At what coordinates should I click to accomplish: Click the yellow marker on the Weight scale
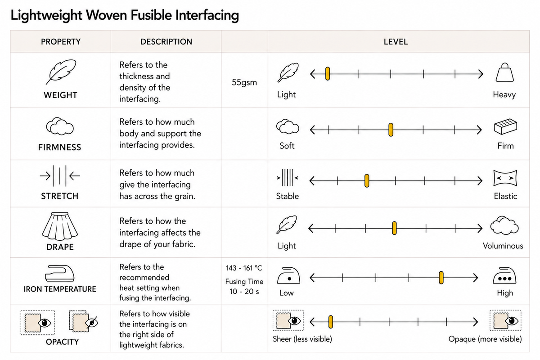[x=328, y=74]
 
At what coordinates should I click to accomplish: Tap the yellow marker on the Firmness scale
[x=391, y=130]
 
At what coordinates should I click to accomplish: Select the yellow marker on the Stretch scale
[x=367, y=181]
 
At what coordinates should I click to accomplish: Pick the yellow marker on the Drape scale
[x=394, y=228]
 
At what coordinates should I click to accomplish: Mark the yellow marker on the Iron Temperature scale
[x=441, y=278]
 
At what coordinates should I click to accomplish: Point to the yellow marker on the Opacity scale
[x=331, y=322]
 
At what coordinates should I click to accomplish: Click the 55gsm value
[x=244, y=82]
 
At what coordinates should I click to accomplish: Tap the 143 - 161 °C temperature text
[x=244, y=268]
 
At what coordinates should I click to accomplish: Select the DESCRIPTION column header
[x=166, y=42]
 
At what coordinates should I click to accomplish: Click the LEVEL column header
[x=396, y=42]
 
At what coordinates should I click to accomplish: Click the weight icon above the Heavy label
[x=504, y=72]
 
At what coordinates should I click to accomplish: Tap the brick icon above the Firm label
[x=505, y=126]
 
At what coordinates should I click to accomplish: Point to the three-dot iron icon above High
[x=504, y=275]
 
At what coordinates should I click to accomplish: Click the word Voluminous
[x=503, y=246]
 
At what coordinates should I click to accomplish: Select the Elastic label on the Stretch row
[x=505, y=196]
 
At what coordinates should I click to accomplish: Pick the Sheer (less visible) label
[x=302, y=339]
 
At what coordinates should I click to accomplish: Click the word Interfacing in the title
[x=207, y=15]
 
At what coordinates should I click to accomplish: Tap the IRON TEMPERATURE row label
[x=60, y=289]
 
